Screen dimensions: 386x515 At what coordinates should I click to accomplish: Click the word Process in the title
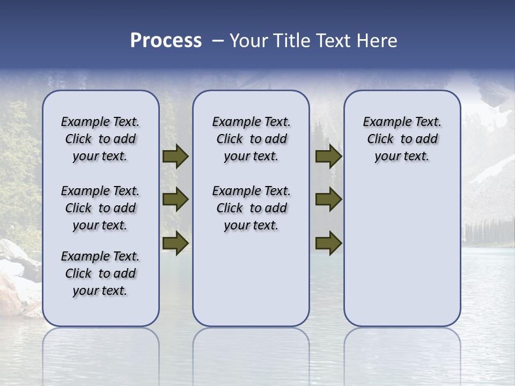tap(166, 41)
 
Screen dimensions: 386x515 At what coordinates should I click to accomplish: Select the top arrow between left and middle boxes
tap(175, 157)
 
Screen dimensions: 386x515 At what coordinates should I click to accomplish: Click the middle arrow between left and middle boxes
tap(175, 199)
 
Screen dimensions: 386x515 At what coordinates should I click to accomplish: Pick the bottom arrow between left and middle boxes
tap(175, 243)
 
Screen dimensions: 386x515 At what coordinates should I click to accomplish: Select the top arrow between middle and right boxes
tap(328, 157)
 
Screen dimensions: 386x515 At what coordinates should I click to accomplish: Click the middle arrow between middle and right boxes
tap(328, 199)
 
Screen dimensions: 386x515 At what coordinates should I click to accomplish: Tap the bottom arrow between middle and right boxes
tap(328, 243)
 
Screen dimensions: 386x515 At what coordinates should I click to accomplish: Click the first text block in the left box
tap(100, 139)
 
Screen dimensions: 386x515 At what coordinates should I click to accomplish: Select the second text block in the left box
tap(100, 208)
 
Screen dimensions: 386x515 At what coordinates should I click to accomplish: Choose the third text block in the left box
tap(100, 273)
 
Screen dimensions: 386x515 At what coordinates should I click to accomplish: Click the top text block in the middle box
tap(251, 139)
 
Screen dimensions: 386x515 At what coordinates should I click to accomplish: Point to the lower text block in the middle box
tap(251, 208)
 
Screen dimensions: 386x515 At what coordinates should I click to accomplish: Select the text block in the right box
tap(402, 139)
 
